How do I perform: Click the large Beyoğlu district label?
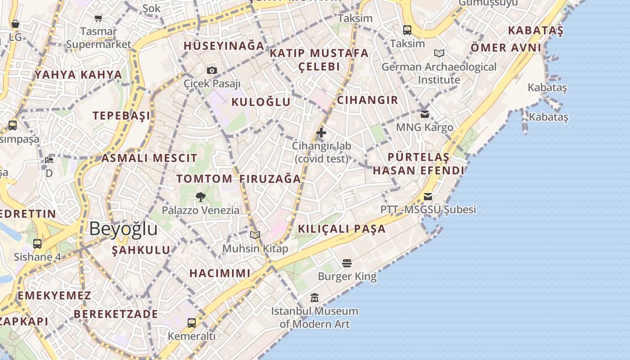pos(123,229)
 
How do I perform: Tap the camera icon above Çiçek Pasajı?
pos(212,70)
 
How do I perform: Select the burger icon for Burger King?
pos(346,263)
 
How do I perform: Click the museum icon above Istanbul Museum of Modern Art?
pos(315,297)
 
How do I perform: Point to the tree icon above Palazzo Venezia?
pos(201,197)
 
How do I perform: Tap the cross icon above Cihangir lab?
pos(321,133)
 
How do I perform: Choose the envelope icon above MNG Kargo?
pos(425,114)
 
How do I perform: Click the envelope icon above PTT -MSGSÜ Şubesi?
pos(428,197)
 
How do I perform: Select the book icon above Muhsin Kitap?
pos(255,235)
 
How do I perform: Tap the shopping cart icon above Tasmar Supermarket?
pos(99,18)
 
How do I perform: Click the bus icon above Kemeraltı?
pos(192,323)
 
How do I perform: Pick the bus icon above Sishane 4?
pos(37,244)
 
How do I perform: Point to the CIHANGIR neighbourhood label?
pos(368,100)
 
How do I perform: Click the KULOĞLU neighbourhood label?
pos(261,102)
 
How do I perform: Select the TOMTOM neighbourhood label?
pos(204,179)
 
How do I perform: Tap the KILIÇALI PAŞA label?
pos(342,229)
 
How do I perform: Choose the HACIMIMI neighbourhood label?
pos(220,273)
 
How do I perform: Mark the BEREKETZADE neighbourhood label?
pos(116,314)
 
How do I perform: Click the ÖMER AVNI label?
pos(506,48)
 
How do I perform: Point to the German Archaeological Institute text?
pos(439,73)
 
